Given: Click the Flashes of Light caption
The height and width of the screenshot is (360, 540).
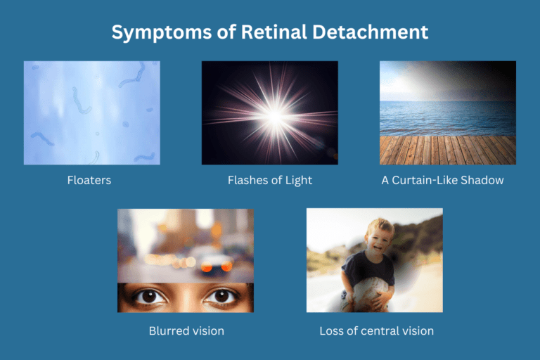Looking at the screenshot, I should point(270,180).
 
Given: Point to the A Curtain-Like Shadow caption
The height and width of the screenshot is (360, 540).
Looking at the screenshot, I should point(442,180).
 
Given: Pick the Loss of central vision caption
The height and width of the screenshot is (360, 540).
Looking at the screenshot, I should point(376,330).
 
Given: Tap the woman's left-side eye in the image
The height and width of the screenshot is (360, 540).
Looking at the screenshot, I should point(150,297).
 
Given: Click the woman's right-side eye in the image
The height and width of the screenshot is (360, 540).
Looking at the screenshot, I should point(221,297).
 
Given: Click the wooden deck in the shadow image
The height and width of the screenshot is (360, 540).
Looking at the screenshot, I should point(447,149).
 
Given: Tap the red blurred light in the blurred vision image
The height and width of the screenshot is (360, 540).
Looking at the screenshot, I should point(206,266).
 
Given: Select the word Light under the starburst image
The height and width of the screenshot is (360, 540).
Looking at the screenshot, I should point(297,180).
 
